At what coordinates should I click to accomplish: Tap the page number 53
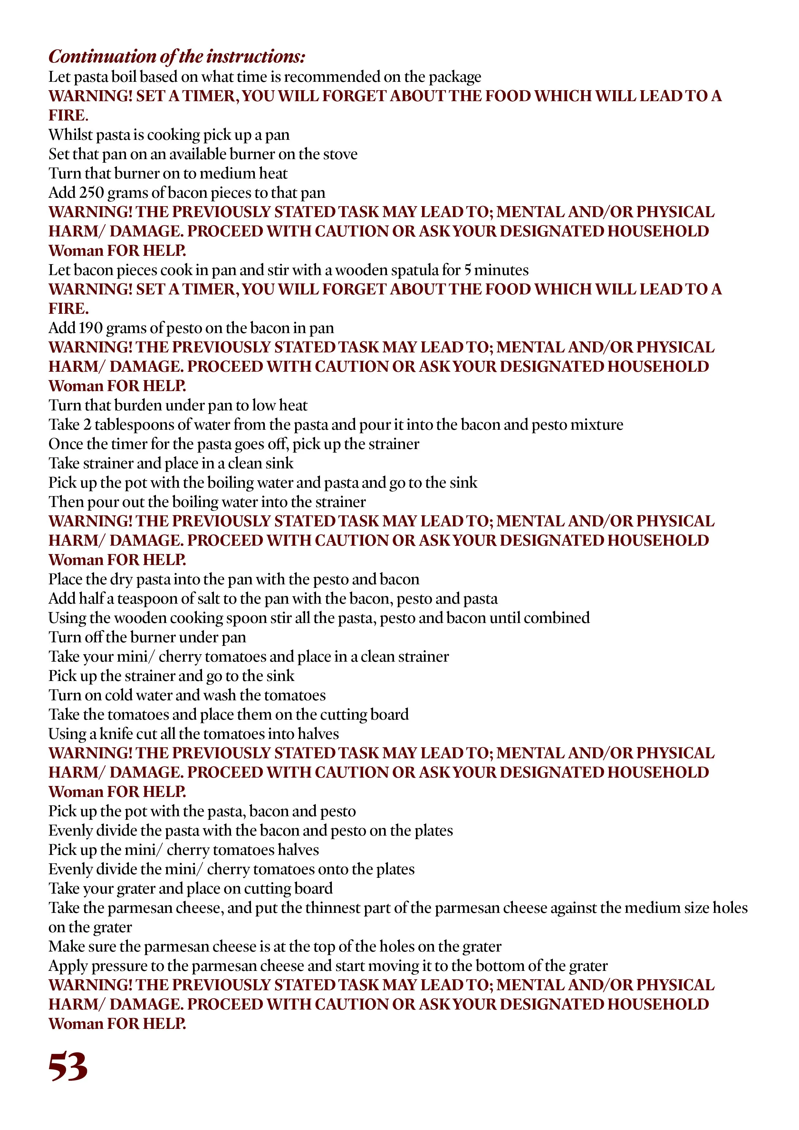point(68,1067)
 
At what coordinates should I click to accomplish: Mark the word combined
point(556,618)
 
